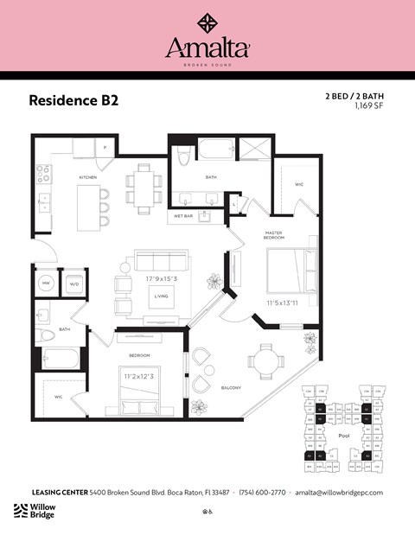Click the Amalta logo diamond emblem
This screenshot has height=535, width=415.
tap(207, 22)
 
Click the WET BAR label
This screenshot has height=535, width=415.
tap(182, 215)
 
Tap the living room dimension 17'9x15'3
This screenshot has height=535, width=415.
tap(162, 279)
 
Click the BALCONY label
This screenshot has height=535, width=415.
tap(229, 387)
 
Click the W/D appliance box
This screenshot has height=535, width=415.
tap(73, 283)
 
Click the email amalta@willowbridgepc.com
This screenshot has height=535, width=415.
tap(338, 492)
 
